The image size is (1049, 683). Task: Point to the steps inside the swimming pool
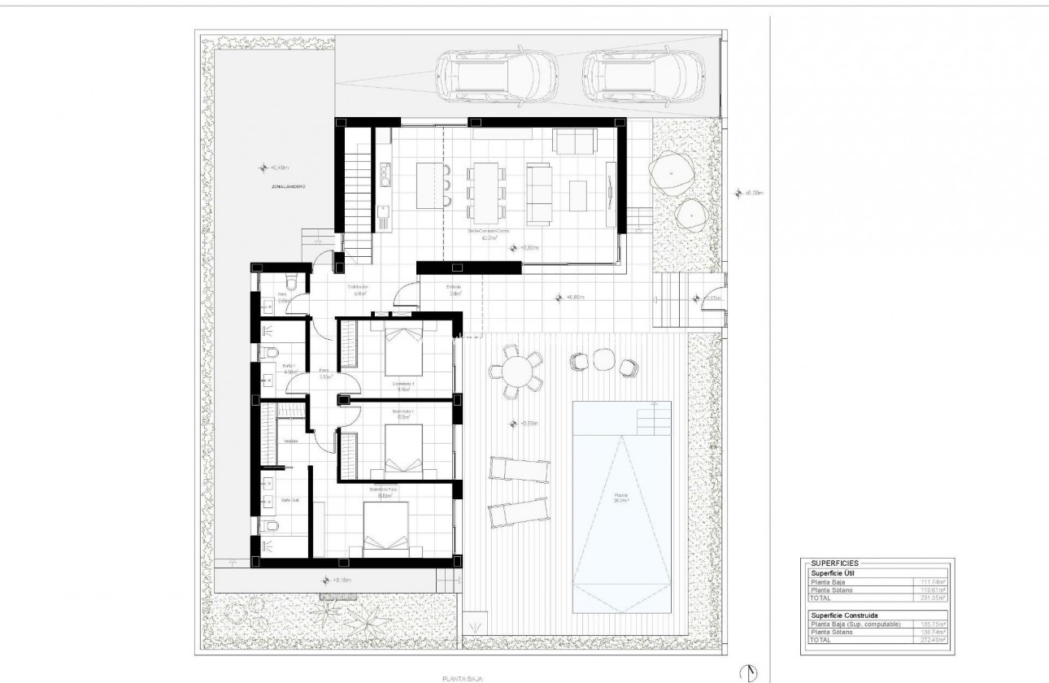coord(655,420)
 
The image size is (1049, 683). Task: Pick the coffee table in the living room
coord(578,195)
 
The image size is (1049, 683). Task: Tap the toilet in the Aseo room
coord(290,280)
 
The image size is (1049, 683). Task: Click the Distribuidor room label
coord(359,288)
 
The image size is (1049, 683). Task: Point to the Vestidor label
coord(289,442)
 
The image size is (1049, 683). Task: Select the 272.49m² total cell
coord(932,640)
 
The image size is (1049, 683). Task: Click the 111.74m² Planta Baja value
coord(932,582)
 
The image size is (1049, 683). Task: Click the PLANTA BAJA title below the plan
coord(460,675)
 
